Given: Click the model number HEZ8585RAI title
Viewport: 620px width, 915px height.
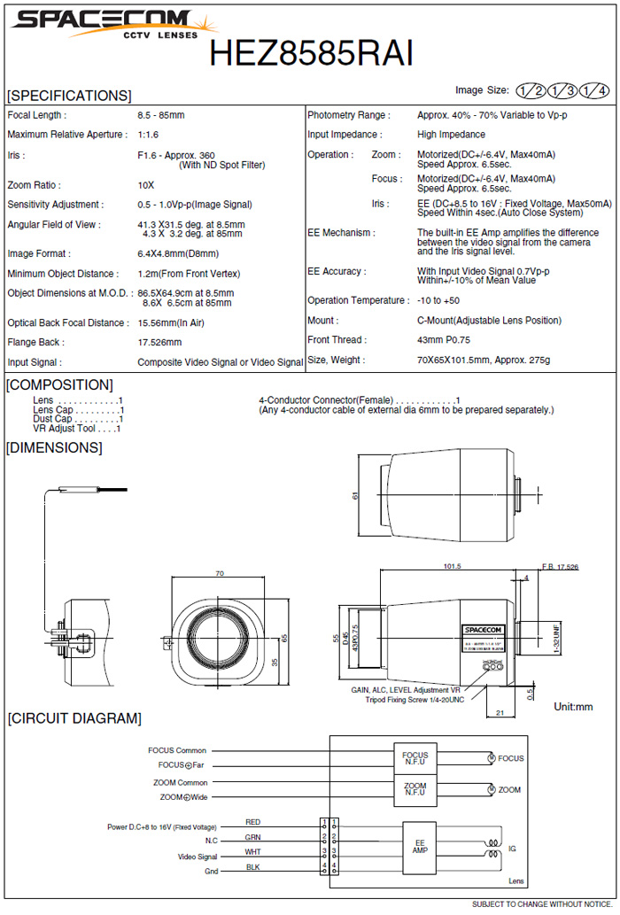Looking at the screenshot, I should click(x=311, y=54).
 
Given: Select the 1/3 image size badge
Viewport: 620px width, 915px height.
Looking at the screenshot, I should click(x=562, y=90).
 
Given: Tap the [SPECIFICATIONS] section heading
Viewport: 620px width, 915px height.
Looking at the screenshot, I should click(x=68, y=96).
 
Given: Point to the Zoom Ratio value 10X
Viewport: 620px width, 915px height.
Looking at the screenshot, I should click(x=146, y=185).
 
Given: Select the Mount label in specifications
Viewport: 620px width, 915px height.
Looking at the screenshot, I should click(x=322, y=321).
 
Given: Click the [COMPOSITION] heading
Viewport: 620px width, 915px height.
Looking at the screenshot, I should click(x=59, y=384).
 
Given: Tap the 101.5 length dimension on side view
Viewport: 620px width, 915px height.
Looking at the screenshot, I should click(x=452, y=566).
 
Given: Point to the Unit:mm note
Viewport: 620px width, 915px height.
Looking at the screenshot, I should click(x=573, y=707).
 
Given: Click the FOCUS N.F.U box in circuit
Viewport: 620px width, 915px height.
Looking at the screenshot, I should click(x=415, y=758).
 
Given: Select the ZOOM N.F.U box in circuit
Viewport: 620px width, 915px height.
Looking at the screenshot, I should click(x=415, y=789).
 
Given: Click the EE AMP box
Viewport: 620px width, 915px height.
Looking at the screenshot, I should click(x=419, y=846).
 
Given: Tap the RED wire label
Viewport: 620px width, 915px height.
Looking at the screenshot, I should click(x=253, y=823).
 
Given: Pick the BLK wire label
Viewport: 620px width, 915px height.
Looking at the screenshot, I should click(x=253, y=866).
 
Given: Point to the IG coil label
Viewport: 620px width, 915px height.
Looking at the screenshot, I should click(x=512, y=849).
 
